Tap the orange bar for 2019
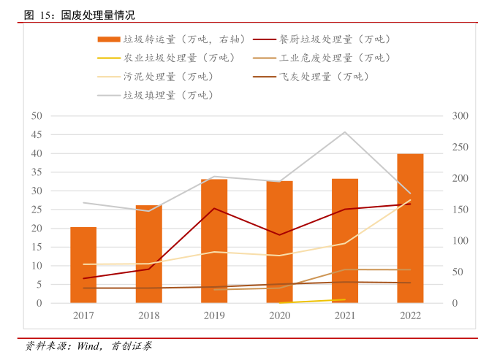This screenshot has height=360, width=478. coord(214,241)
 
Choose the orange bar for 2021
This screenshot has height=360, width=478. coord(345,241)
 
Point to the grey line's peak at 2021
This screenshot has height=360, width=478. coord(345,132)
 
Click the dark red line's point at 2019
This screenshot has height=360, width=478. coord(214,208)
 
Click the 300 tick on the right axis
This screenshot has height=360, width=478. coord(460,116)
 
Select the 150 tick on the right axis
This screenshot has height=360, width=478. coord(460,210)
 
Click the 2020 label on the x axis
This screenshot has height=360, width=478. coord(279,316)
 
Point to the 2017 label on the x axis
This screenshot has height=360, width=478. coord(83,316)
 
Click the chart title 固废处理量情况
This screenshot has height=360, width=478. coord(98,15)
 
